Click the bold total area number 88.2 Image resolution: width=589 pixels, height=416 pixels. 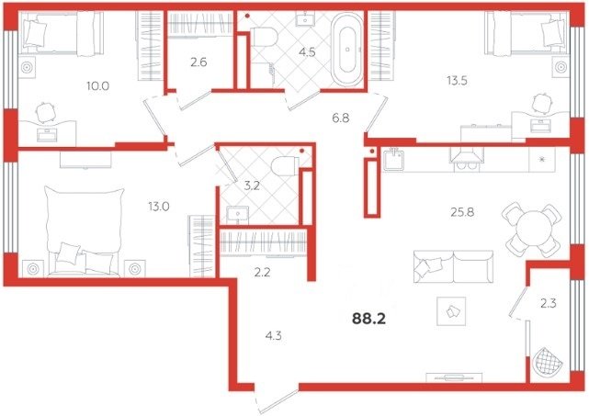[x=368, y=319]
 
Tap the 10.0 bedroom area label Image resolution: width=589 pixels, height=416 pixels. [x=97, y=86]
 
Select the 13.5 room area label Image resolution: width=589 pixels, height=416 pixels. [x=457, y=80]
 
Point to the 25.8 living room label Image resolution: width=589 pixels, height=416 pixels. [x=462, y=212]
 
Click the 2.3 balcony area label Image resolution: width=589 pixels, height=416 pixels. [x=548, y=303]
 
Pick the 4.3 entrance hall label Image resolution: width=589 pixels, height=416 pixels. [x=273, y=336]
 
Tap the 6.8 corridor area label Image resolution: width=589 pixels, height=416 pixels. [x=341, y=118]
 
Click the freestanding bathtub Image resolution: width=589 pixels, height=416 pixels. [x=347, y=50]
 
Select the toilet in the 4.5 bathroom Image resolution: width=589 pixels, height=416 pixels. [x=264, y=38]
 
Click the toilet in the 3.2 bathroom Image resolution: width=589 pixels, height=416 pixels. [x=285, y=166]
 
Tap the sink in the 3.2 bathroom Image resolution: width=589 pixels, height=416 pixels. [x=237, y=215]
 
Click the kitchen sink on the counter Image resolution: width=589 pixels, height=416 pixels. [x=393, y=159]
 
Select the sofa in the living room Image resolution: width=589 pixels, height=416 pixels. [x=453, y=266]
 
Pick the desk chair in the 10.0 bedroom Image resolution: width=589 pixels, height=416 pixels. [x=46, y=112]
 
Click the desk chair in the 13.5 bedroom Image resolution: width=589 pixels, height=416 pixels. [x=542, y=104]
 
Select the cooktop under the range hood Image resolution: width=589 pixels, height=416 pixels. [x=467, y=165]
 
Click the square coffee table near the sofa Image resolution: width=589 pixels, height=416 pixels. [x=451, y=311]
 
